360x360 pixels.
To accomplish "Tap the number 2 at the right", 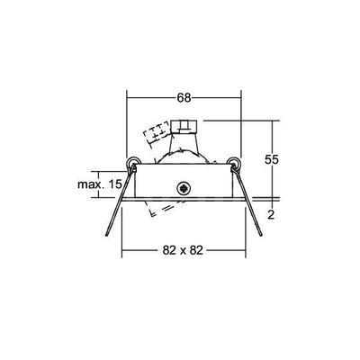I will (x=271, y=214).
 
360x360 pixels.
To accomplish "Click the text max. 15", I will (x=100, y=184).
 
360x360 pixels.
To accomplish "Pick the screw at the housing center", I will (x=184, y=190).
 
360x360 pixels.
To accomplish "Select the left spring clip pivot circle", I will (x=132, y=165).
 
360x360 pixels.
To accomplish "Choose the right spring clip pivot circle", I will (x=235, y=165).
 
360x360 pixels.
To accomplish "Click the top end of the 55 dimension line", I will (x=270, y=120).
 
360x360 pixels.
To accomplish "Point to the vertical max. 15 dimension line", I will (x=123, y=184).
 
